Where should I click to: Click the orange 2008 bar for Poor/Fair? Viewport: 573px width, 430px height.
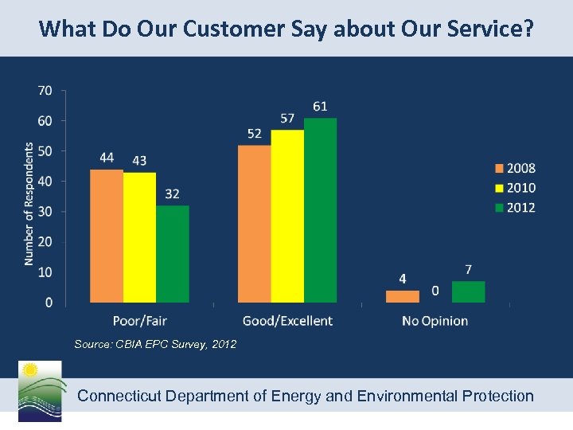click(107, 236)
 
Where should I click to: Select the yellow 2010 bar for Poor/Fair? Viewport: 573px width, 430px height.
click(139, 237)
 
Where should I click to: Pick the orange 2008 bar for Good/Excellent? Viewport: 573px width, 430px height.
click(255, 224)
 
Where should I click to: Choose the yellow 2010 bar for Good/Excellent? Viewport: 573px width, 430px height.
click(287, 216)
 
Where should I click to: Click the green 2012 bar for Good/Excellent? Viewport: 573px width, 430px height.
click(320, 210)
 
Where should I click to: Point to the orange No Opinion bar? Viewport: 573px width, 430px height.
click(402, 296)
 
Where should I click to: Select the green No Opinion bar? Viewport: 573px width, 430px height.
click(468, 291)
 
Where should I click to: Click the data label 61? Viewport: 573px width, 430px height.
click(320, 106)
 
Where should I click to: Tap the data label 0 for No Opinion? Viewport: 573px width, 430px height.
click(435, 291)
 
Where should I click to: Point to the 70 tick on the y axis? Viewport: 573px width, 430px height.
click(45, 91)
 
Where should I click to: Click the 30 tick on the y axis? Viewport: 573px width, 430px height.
click(45, 211)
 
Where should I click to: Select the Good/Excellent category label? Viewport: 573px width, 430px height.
click(287, 321)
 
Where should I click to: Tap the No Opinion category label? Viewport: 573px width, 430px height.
click(435, 321)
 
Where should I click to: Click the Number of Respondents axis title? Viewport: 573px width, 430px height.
click(29, 204)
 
